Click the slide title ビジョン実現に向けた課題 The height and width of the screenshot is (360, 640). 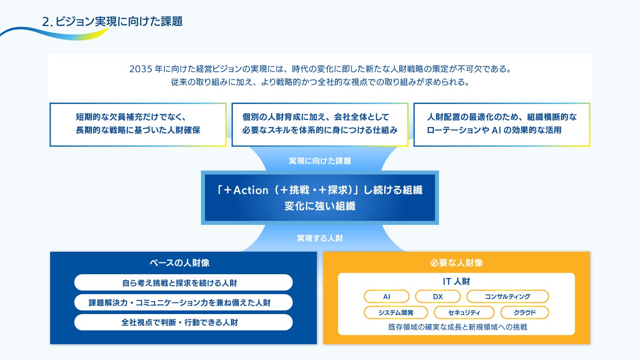point(119,22)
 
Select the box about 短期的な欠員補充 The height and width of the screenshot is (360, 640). point(138,124)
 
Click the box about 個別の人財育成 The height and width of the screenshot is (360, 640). point(320,124)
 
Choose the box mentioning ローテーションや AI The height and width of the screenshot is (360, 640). point(501,124)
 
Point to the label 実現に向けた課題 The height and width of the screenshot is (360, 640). point(320,161)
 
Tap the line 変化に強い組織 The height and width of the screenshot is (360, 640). point(320,206)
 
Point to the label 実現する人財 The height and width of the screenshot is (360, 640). point(320,238)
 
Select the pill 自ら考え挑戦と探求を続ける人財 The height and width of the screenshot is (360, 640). point(183,283)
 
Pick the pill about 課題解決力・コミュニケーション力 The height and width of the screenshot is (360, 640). point(183,303)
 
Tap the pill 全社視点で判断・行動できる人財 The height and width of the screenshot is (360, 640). point(183,322)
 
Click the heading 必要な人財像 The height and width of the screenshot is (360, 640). point(456,263)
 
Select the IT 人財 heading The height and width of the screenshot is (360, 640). point(456,282)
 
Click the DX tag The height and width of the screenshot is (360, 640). point(438,297)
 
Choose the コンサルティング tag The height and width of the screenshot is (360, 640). point(507,297)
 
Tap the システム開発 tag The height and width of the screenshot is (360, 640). point(389,313)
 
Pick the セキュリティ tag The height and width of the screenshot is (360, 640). point(464,313)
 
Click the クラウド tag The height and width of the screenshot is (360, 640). point(524,313)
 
